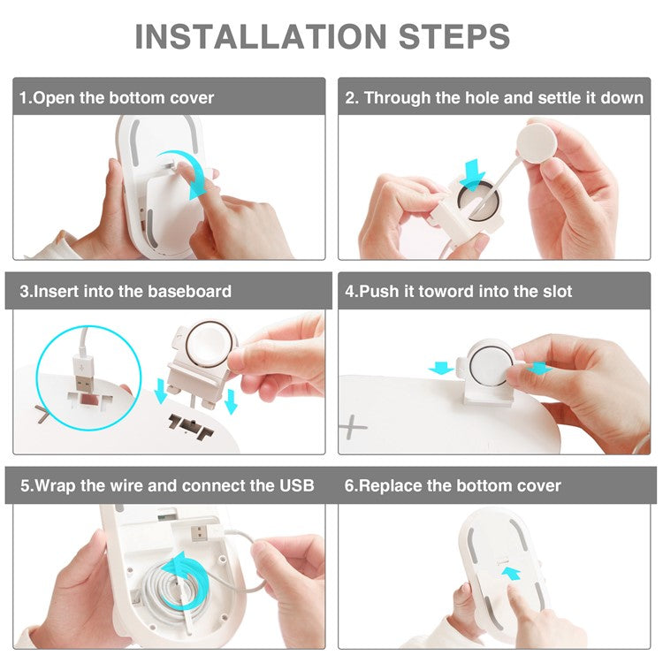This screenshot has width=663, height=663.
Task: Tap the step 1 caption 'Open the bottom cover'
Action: point(123,97)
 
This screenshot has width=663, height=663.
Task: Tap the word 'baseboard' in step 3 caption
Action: point(185,291)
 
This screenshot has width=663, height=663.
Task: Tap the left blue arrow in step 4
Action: point(440,368)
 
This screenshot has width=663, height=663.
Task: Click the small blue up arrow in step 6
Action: point(511,574)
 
